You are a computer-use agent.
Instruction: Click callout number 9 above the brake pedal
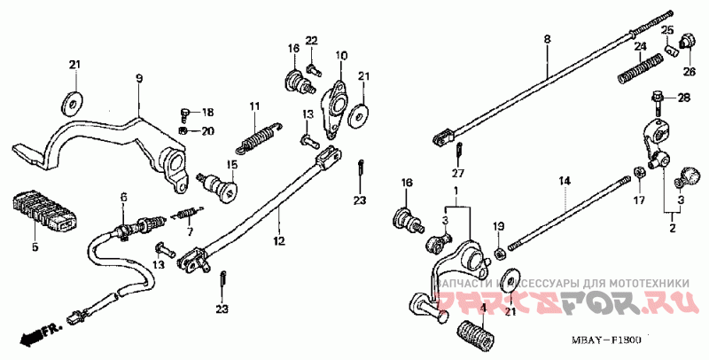point(138,80)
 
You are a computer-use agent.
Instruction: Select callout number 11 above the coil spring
point(253,106)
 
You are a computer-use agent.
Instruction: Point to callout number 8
point(547,39)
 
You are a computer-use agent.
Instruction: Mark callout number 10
point(340,56)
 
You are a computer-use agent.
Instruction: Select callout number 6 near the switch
point(123,197)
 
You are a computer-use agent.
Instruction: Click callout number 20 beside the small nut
point(208,131)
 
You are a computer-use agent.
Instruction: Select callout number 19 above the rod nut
point(498,226)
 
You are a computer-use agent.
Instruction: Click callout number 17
point(639,200)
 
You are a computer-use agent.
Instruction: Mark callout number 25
point(668,30)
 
